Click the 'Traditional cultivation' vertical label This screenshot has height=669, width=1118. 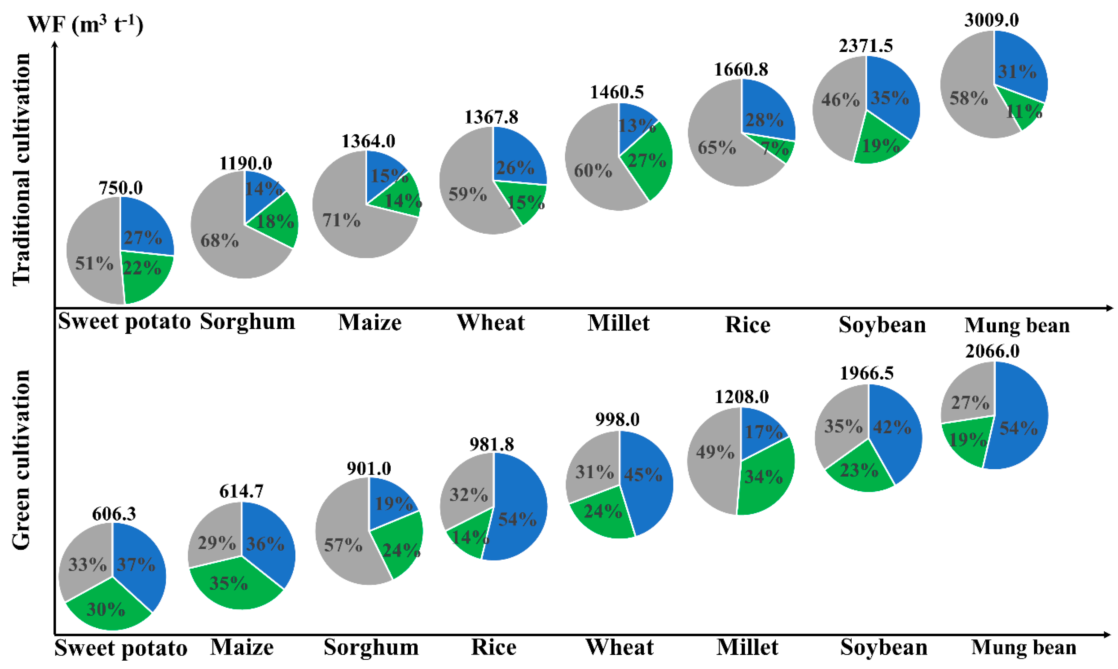point(21,169)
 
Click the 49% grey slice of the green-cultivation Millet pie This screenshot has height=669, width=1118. point(713,455)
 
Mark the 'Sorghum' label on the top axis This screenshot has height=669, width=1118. point(247,322)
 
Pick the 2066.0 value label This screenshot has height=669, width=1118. point(992,351)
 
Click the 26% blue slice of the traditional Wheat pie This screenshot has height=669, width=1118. point(516,162)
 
